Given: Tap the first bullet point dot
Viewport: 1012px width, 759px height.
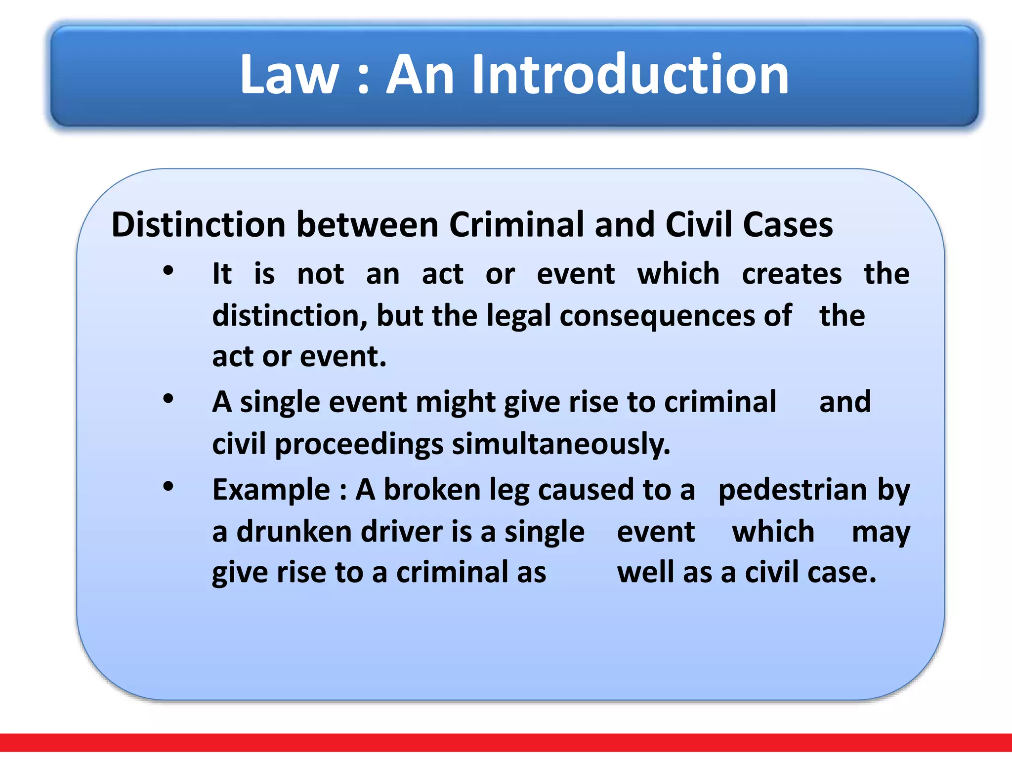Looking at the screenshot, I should click(169, 271).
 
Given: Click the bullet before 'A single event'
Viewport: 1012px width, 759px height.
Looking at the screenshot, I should click(169, 398).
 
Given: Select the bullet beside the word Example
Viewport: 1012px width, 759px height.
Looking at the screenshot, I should click(169, 486).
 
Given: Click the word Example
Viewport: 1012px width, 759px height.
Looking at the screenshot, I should click(271, 490).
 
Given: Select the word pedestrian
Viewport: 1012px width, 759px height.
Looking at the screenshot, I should click(793, 490).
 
